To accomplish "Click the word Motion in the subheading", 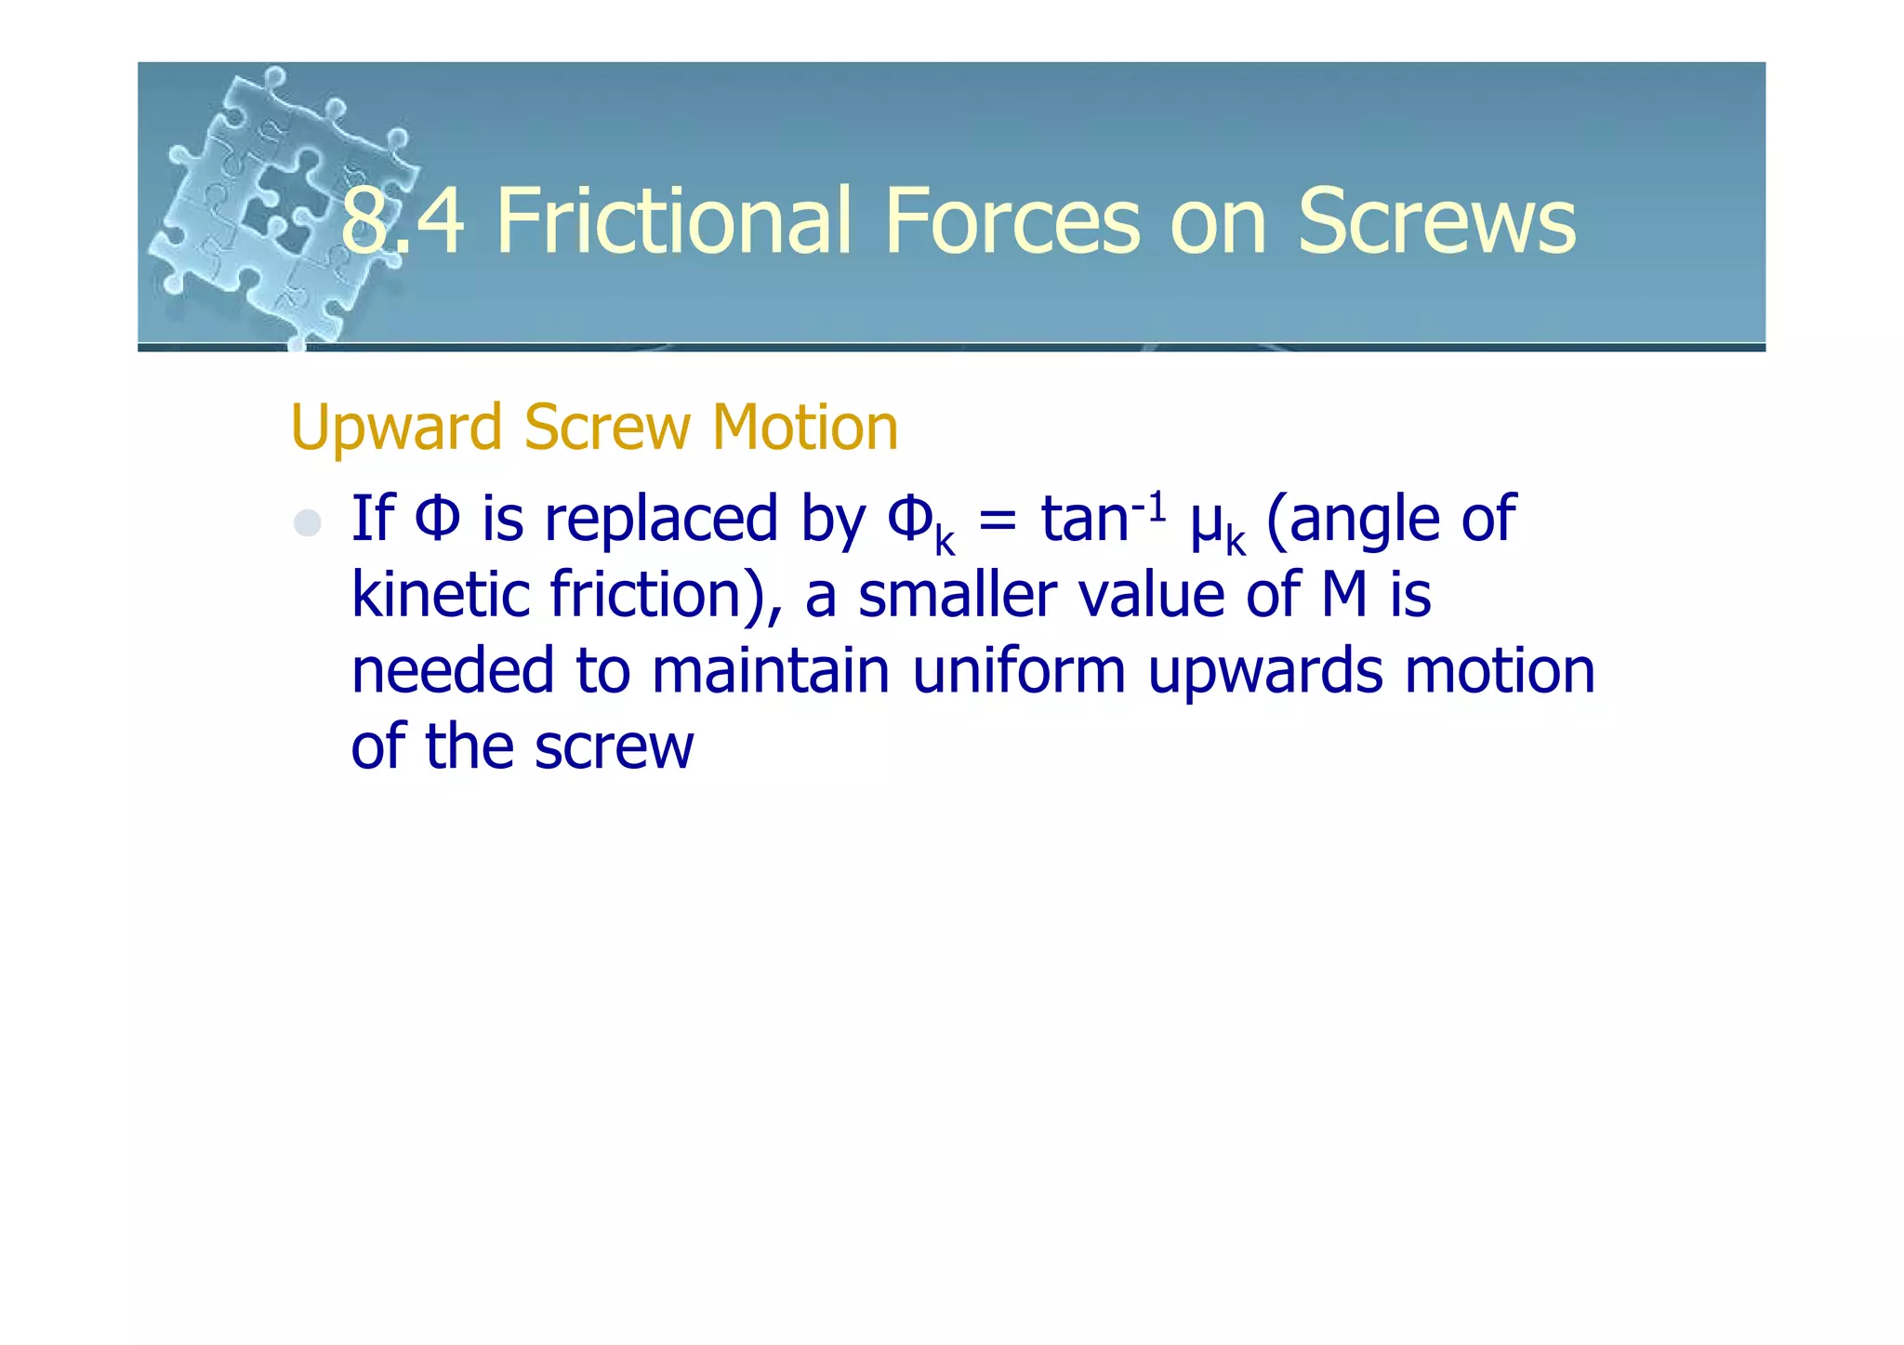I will coord(804,428).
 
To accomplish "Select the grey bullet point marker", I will coord(307,523).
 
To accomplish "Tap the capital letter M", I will coord(1344,595).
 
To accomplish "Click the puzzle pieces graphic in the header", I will coord(279,204).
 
